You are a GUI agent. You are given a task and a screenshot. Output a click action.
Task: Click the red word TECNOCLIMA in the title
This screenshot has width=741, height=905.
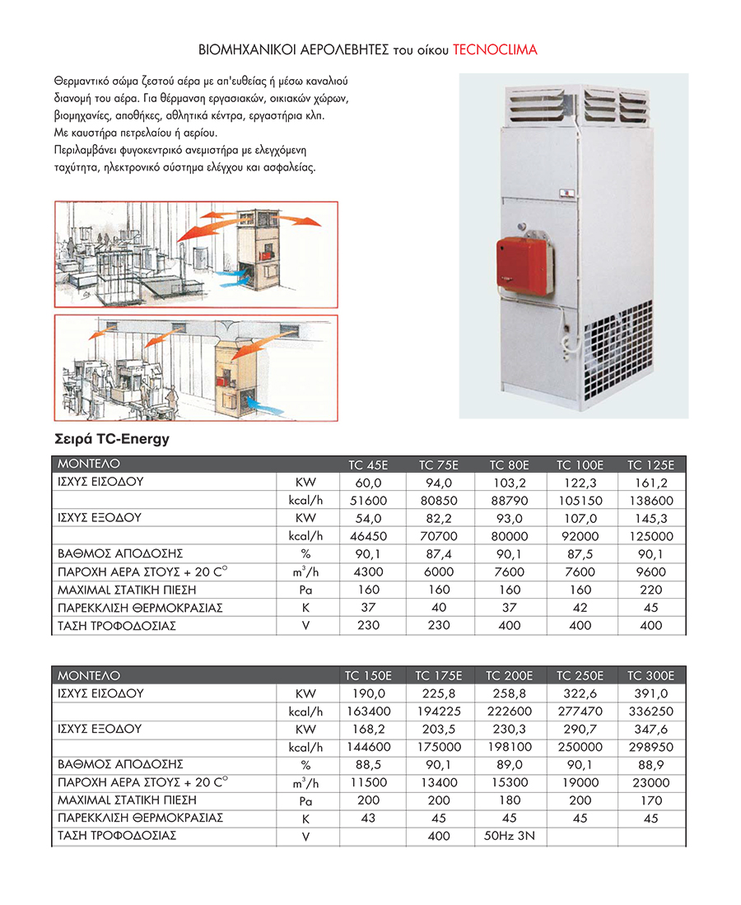(x=495, y=50)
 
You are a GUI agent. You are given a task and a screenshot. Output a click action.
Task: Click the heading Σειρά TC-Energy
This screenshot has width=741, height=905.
(x=111, y=439)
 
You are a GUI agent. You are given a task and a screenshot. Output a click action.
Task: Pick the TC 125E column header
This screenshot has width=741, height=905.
(x=650, y=464)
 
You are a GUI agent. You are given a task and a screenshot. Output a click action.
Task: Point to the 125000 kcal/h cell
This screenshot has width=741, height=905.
(x=650, y=536)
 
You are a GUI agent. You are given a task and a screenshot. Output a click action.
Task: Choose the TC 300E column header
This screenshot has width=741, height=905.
(x=650, y=675)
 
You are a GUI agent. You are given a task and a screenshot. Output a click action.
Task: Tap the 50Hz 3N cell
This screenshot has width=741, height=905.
(x=510, y=836)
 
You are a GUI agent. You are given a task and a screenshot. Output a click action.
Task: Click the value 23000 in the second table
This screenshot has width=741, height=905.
(x=650, y=782)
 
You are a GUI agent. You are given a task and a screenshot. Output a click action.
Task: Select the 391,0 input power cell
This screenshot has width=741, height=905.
(x=650, y=693)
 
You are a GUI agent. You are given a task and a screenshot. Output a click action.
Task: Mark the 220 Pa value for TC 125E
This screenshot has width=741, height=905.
(x=650, y=590)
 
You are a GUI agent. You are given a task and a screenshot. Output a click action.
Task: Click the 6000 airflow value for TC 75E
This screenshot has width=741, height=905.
(x=439, y=571)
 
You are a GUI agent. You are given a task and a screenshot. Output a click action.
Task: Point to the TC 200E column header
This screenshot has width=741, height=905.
(x=510, y=675)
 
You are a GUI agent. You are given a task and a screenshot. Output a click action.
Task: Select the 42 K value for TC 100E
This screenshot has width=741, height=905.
(x=580, y=608)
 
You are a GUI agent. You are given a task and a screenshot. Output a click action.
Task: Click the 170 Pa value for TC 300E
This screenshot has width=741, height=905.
(x=650, y=800)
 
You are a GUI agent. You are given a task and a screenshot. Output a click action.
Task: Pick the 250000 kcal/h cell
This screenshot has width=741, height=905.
(x=580, y=747)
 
